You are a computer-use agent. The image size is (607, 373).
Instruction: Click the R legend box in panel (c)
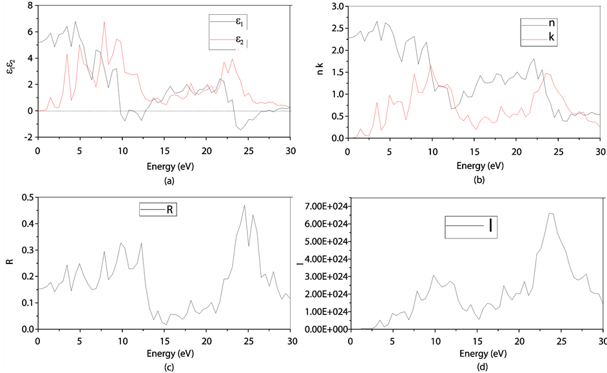click(158, 210)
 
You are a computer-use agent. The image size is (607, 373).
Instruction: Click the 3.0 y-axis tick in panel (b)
click(338, 6)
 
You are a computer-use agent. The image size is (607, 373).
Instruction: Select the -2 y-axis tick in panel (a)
click(29, 137)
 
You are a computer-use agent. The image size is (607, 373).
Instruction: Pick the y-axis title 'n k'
click(320, 71)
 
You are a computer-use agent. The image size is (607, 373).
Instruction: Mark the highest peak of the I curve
click(551, 213)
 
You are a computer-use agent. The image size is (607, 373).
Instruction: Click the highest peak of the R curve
click(245, 206)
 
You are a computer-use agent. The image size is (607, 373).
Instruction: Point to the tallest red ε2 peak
click(104, 22)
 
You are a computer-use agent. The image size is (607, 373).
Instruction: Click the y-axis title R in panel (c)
click(8, 263)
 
